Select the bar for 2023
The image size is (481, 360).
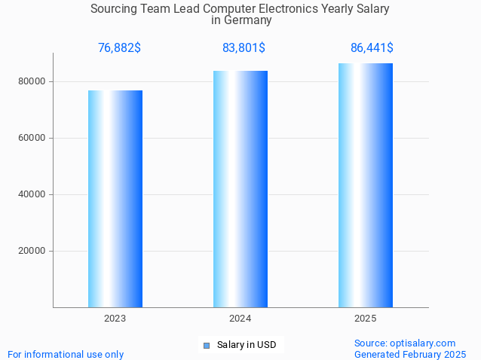tap(115, 199)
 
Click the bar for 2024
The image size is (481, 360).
tap(240, 189)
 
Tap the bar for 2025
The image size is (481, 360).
tap(366, 185)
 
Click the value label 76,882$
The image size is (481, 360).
tap(119, 48)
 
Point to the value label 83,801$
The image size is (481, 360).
tap(244, 48)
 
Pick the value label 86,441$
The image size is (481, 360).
tap(372, 48)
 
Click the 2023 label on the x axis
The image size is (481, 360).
tap(115, 319)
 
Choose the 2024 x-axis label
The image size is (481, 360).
tap(240, 319)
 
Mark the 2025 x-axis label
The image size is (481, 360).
tap(366, 319)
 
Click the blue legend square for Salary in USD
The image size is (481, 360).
tap(207, 346)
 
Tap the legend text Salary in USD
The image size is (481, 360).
tap(247, 345)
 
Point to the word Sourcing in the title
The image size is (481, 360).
tap(114, 9)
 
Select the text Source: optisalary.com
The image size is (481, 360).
tap(405, 343)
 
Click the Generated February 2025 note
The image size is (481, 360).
tap(410, 354)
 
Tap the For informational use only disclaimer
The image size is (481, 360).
tap(66, 354)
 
